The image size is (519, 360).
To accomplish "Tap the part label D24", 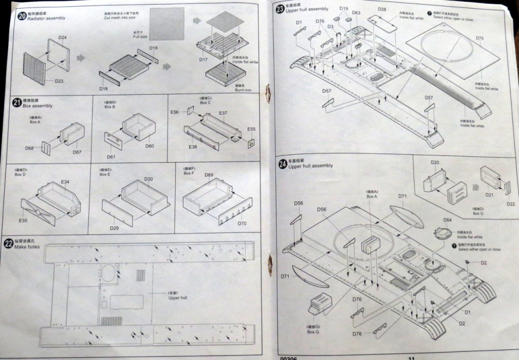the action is pos(62,38).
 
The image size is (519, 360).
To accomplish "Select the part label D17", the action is pos(203,60).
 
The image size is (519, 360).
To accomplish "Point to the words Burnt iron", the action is pos(244,90).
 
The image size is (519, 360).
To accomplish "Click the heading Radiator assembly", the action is pos(48,18).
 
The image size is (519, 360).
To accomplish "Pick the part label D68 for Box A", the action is pos(30,148).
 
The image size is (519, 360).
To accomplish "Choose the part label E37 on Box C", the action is pos(223,113).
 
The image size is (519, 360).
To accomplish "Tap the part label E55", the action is pos(251,129).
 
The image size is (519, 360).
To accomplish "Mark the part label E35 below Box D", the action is pos(23,221).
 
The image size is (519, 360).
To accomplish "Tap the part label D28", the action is pos(382,10).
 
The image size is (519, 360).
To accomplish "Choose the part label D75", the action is pos(479,39).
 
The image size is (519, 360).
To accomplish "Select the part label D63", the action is pos(356,13).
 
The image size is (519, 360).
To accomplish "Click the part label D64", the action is pos(448,220).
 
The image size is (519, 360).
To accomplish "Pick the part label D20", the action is pos(435,162).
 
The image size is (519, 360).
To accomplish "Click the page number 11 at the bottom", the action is pos(411,357).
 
